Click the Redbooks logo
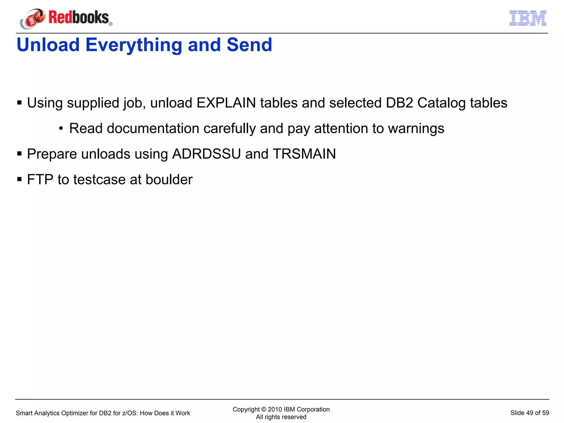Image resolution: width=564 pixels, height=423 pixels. pos(66,18)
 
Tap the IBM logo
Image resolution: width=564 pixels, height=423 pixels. pos(528,18)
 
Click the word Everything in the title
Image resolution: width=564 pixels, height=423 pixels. pos(134,45)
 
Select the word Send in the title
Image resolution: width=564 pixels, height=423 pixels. pos(249,45)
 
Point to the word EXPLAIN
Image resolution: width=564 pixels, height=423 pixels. pos(226,103)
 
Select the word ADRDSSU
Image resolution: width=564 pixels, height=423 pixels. pos(206,154)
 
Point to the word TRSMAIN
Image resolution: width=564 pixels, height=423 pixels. pos(304,154)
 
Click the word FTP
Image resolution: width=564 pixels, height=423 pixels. pos(40,180)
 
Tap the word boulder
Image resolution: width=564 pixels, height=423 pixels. pos(169,180)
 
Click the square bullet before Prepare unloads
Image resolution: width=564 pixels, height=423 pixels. pos(19,154)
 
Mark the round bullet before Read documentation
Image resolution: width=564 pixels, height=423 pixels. pos(61,128)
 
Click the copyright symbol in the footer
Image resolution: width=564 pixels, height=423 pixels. pos(264,409)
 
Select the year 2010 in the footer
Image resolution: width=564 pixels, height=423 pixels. pos(275,409)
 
